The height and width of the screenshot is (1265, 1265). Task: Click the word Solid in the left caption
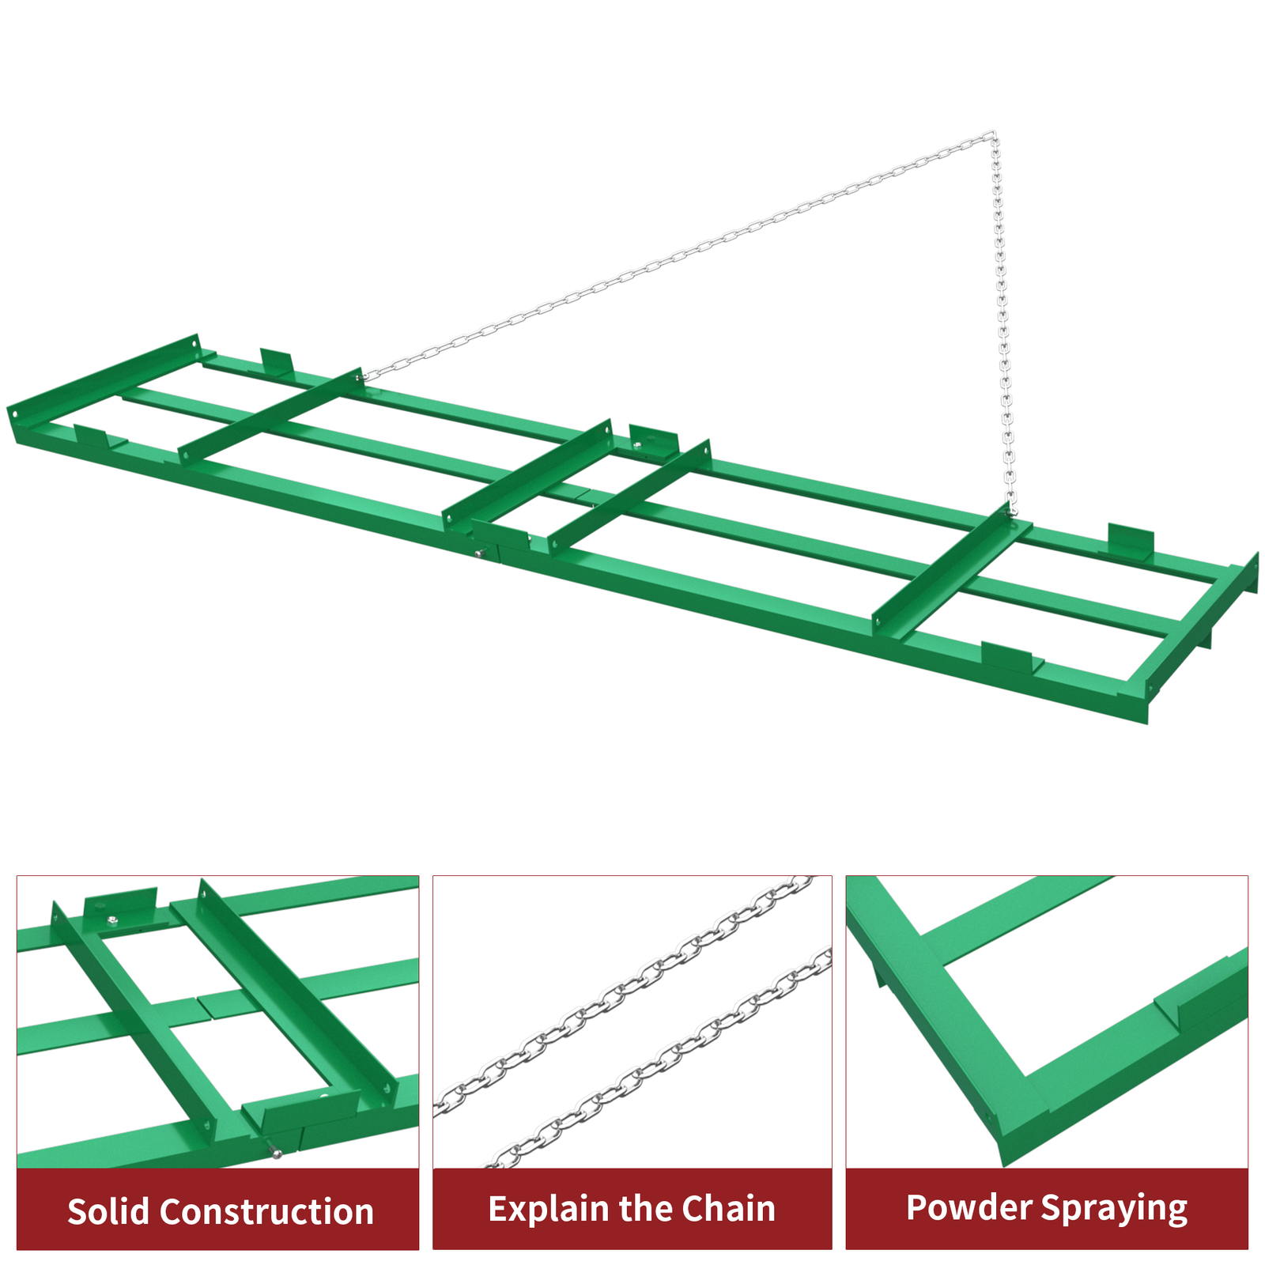(x=108, y=1211)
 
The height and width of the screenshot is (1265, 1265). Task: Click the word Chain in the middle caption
(x=728, y=1209)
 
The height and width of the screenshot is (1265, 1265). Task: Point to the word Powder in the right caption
(x=968, y=1207)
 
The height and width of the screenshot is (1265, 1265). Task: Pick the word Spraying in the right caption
(x=1114, y=1209)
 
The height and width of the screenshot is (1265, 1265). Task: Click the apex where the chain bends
(x=992, y=136)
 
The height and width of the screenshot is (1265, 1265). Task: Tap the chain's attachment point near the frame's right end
(x=1010, y=512)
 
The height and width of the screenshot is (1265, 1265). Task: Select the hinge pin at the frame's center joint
(x=479, y=553)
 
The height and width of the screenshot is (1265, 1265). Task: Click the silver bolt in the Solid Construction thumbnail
(x=274, y=1154)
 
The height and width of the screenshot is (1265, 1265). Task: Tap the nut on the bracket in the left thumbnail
(x=113, y=919)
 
